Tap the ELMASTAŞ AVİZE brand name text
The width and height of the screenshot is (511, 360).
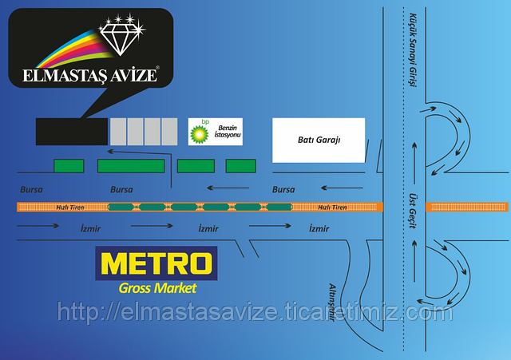pos(90,75)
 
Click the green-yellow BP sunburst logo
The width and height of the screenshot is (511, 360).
pos(200,134)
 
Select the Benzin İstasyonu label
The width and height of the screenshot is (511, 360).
pos(228,131)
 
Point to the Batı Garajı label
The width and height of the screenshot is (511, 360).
pos(319,140)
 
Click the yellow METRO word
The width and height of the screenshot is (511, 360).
pos(156,263)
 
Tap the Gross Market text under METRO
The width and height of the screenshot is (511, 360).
pos(158,288)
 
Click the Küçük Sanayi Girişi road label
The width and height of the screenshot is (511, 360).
pos(413,49)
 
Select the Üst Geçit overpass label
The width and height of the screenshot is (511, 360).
pos(413,211)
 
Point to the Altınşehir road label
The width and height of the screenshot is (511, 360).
pos(332,303)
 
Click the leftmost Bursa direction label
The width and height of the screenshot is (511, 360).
pos(31,189)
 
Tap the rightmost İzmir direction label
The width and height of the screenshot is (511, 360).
pos(319,228)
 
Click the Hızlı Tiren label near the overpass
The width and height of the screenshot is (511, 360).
pos(332,208)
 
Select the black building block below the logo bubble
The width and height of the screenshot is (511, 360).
pos(72,132)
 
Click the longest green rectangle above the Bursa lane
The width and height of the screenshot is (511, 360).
pos(131,166)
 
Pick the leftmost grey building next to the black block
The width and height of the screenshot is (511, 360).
pos(118,132)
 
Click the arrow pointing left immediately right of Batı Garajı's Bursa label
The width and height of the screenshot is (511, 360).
pos(342,188)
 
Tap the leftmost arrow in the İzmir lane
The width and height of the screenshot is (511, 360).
pos(38,225)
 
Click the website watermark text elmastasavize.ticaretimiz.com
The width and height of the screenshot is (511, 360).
pos(255,312)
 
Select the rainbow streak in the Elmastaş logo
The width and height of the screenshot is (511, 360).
pos(73,49)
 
